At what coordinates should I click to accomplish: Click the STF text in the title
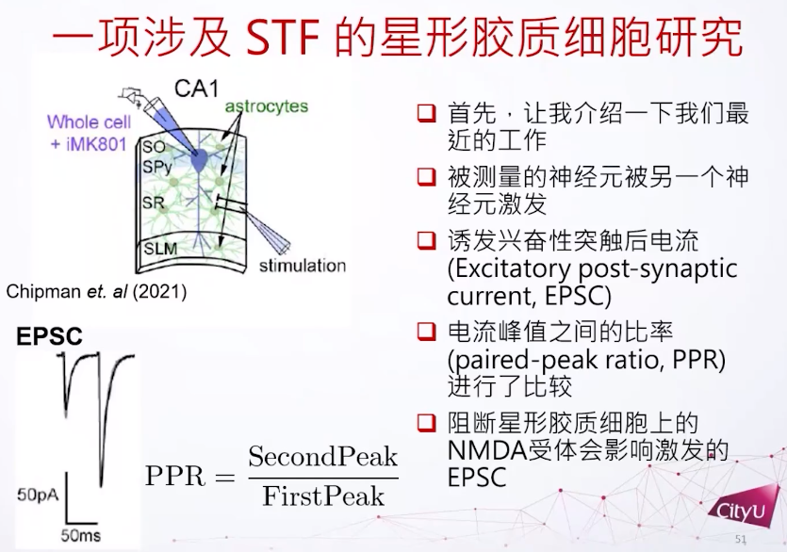[x=283, y=37]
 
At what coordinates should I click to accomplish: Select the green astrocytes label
[x=267, y=106]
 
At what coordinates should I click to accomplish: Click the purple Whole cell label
[x=89, y=122]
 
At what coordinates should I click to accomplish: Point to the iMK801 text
[x=94, y=144]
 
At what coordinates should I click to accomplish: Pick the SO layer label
[x=154, y=147]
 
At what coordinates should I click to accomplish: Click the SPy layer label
[x=157, y=167]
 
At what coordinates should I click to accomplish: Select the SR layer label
[x=153, y=203]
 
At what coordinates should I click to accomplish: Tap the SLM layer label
[x=160, y=249]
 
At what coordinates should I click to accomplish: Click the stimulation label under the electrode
[x=303, y=265]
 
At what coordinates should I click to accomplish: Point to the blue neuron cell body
[x=201, y=160]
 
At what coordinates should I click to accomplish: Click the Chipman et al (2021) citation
[x=96, y=292]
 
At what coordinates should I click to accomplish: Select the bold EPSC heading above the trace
[x=49, y=336]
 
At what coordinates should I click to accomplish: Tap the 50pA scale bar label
[x=38, y=495]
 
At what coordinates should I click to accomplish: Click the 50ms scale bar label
[x=81, y=535]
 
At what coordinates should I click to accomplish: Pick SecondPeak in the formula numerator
[x=322, y=456]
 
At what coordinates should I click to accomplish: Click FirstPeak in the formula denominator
[x=323, y=496]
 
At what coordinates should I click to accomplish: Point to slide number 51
[x=740, y=540]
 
